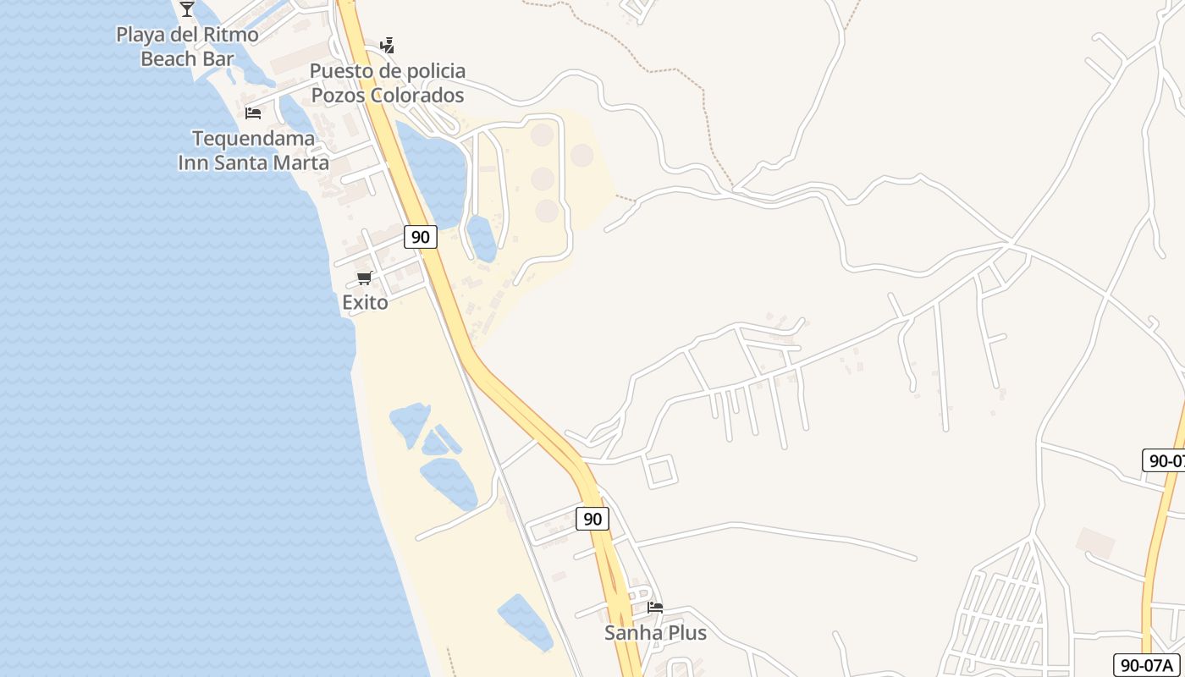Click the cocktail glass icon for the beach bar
[x=187, y=8]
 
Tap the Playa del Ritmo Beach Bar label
[x=187, y=47]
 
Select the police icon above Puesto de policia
[x=387, y=45]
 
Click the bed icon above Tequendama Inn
[x=253, y=113]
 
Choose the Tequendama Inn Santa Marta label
[x=253, y=150]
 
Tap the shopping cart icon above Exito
[x=365, y=278]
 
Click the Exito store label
[x=365, y=302]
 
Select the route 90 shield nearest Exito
[x=420, y=237]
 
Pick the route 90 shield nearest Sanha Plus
[x=592, y=519]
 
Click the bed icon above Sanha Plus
[x=655, y=607]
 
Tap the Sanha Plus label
[x=655, y=632]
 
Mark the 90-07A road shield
[x=1147, y=664]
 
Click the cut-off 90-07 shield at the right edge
[x=1166, y=460]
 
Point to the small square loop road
[x=661, y=471]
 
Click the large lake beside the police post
[x=436, y=169]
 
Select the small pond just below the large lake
[x=481, y=238]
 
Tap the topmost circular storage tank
[x=542, y=135]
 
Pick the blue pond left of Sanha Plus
[x=525, y=622]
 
